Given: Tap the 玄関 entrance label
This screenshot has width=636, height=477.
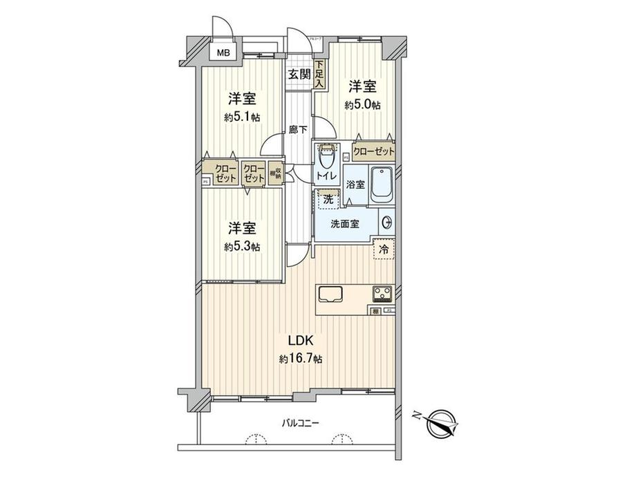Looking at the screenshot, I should pos(299,75).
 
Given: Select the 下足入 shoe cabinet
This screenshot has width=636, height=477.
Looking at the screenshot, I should pos(319,75).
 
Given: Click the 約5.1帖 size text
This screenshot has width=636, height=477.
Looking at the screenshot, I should pos(241,118).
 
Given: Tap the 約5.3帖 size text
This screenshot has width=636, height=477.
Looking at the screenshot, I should pos(241,247).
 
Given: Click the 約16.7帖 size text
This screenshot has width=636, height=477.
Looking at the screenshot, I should pos(301,359).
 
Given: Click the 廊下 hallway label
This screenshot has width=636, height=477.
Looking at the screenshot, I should pos(298,129).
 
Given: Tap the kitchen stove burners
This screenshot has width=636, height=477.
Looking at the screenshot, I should pos(383,294).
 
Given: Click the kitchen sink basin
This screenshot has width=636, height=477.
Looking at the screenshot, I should pos(331,294).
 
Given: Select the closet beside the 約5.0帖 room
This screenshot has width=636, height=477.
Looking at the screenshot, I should pos(373,151).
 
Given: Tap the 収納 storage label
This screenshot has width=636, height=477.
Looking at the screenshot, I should pos(274,174).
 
